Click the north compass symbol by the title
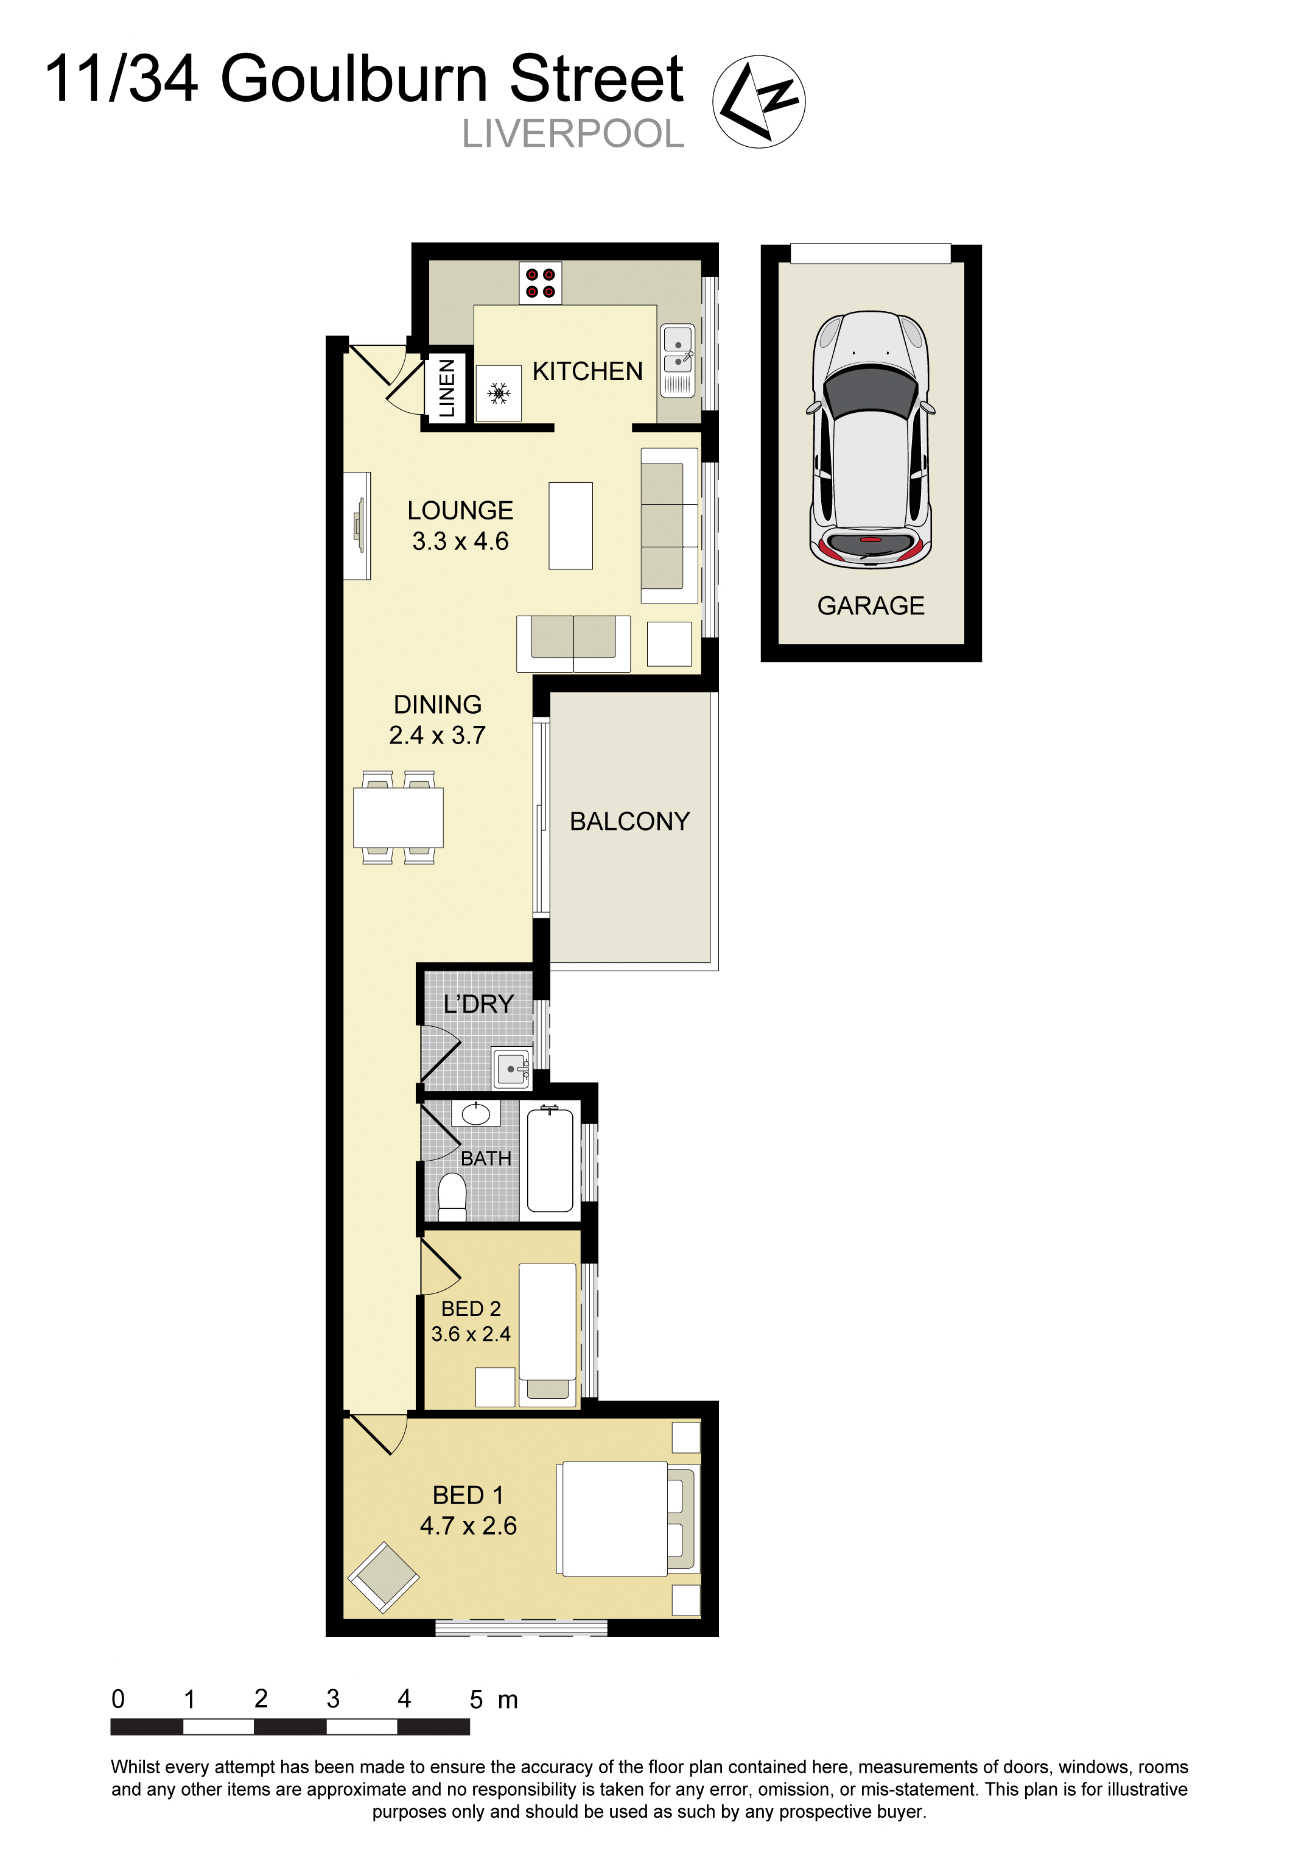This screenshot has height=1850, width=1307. click(x=758, y=102)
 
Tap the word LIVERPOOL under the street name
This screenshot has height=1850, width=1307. click(x=573, y=135)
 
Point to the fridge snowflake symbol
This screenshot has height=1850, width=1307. click(x=499, y=393)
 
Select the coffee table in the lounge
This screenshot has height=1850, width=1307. click(x=570, y=526)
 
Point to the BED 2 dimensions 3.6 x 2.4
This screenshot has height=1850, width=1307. click(x=471, y=1334)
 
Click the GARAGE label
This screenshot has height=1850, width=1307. click(x=870, y=606)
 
